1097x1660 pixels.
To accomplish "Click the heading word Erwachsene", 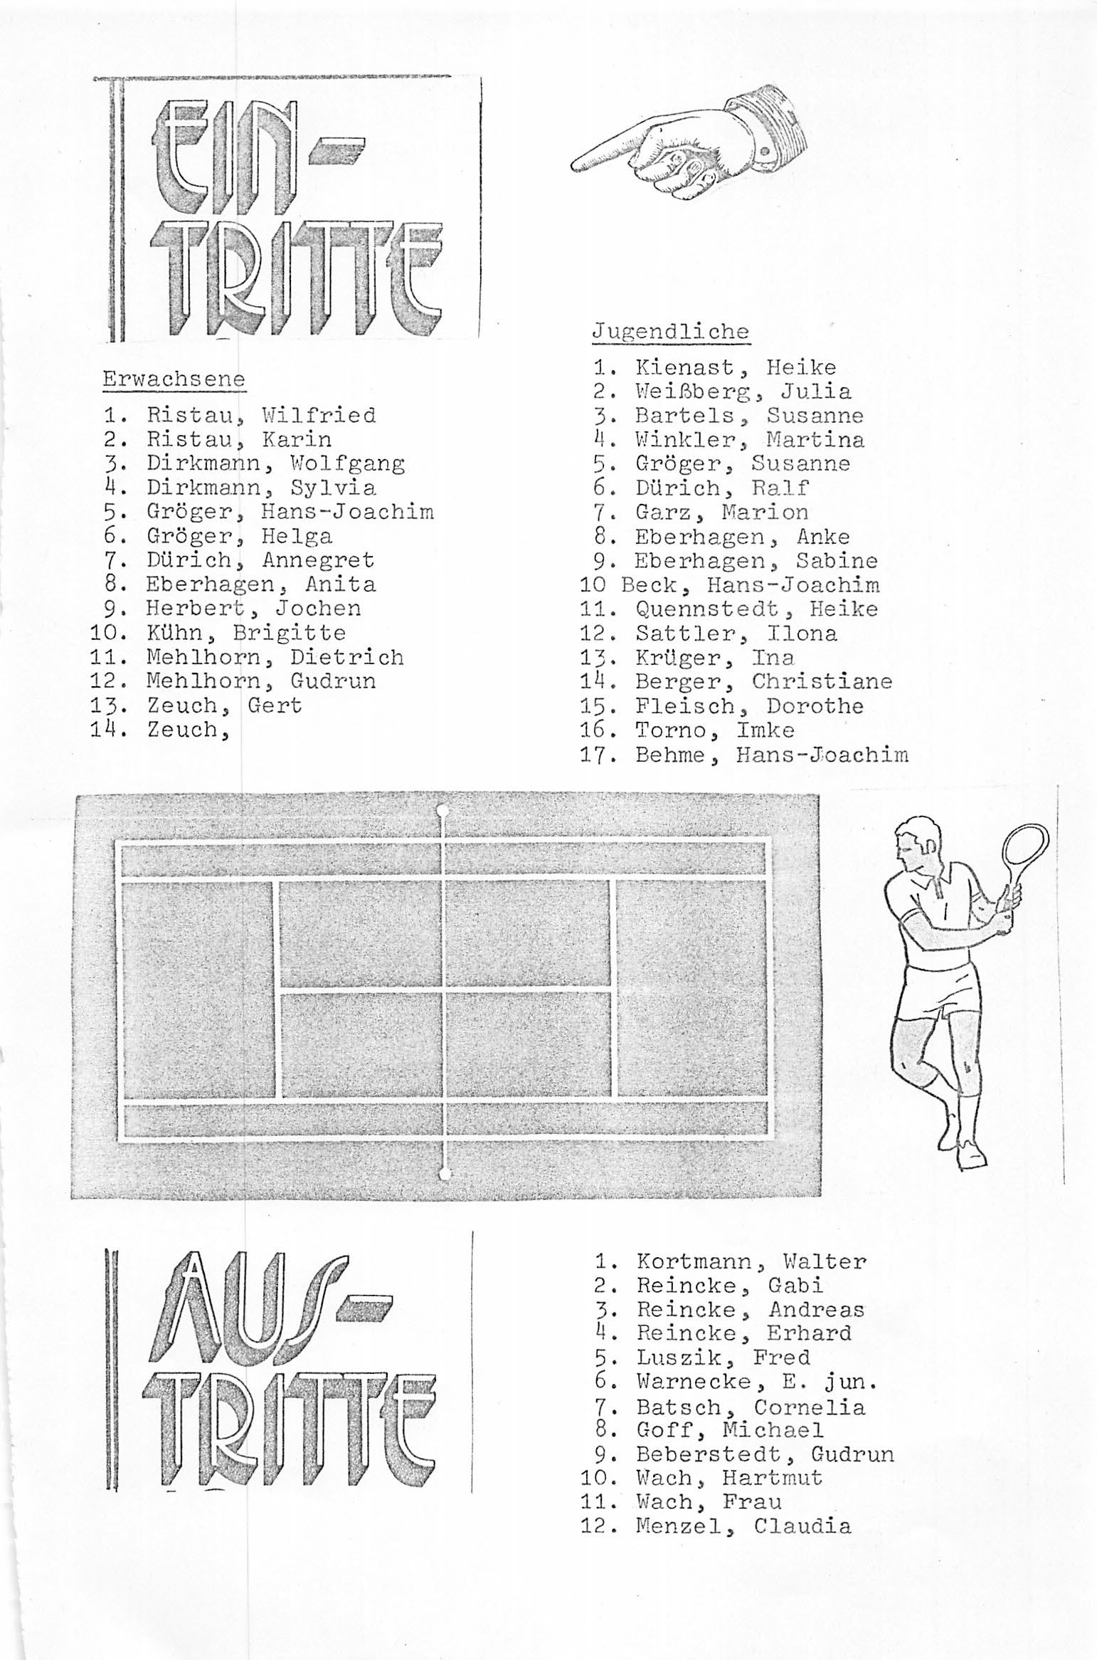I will (x=174, y=379).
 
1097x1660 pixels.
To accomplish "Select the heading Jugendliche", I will (x=670, y=332).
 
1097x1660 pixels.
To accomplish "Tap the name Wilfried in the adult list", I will (x=319, y=415).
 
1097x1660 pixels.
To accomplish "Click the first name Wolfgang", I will (x=347, y=463).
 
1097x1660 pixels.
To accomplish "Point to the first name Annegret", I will (x=318, y=560).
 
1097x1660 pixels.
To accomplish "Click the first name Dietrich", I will (x=346, y=657).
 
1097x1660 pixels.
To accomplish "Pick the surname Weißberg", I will (x=691, y=392).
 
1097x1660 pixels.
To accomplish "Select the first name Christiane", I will (x=822, y=681).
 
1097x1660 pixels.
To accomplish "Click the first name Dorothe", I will (x=815, y=706).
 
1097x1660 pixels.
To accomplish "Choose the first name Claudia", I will (x=802, y=1526).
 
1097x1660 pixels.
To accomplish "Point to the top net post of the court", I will (x=442, y=810).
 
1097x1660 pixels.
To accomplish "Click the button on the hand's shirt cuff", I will (x=764, y=151).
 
